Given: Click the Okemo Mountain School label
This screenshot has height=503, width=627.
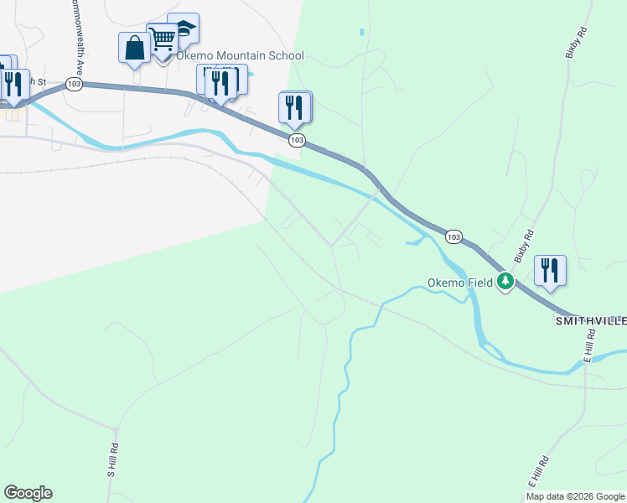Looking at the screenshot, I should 240,56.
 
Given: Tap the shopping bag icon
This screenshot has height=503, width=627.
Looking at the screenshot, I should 134,48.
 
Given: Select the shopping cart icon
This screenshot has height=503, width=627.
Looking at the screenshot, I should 162,38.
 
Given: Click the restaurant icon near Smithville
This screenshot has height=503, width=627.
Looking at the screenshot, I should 550,271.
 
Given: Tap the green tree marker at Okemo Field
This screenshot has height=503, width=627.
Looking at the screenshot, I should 505,282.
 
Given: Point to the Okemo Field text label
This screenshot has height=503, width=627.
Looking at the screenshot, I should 459,283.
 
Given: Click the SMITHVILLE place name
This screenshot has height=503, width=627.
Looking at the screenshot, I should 591,321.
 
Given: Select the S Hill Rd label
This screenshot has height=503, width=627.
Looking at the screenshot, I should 112,461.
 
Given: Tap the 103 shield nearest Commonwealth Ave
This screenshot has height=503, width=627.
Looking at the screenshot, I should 75,85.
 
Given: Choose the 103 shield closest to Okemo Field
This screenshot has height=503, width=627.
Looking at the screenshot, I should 453,237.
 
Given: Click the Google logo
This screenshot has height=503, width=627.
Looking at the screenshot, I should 28,493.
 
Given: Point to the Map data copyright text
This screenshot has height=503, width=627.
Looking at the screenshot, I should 575,496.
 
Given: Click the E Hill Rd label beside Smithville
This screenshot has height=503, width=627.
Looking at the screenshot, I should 589,346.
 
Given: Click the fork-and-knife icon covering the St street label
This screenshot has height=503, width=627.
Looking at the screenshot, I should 13,84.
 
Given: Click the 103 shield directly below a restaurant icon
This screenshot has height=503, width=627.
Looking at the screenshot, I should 296,140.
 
